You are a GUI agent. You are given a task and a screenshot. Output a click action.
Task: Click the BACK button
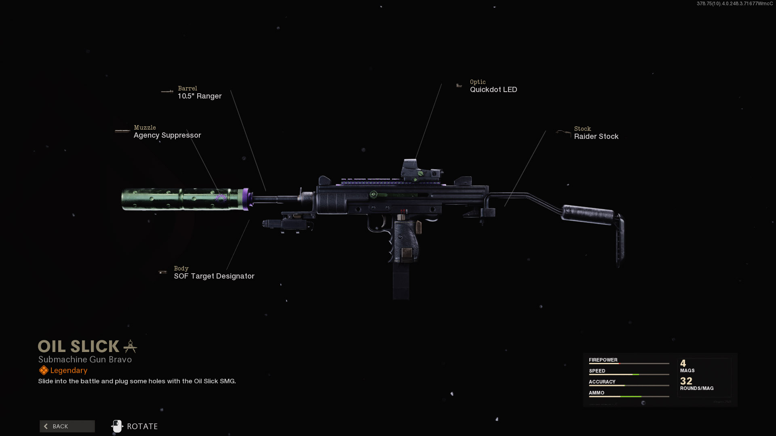[67, 426]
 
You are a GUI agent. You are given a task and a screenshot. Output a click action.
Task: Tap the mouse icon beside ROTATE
[117, 426]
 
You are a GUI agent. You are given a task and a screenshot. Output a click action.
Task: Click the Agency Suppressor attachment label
[167, 135]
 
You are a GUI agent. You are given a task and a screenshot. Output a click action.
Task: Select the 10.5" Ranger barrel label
[200, 96]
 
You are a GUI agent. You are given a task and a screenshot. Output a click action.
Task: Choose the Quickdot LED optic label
[493, 90]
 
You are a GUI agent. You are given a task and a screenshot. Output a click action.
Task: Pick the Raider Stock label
[596, 136]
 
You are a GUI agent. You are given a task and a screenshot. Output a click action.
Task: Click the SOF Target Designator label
[214, 276]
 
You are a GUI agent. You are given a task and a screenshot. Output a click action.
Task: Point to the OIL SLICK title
[79, 346]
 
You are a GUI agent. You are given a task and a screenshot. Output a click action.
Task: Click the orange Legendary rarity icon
[44, 370]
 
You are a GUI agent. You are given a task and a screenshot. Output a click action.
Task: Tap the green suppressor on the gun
[182, 199]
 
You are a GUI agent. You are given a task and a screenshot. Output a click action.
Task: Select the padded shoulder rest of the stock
[588, 214]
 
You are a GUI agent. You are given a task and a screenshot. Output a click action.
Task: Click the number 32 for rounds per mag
[686, 381]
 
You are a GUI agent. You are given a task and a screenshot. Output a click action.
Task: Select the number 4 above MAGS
[683, 363]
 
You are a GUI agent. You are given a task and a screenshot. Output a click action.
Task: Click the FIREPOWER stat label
[603, 360]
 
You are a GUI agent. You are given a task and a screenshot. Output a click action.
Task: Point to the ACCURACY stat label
[602, 382]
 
